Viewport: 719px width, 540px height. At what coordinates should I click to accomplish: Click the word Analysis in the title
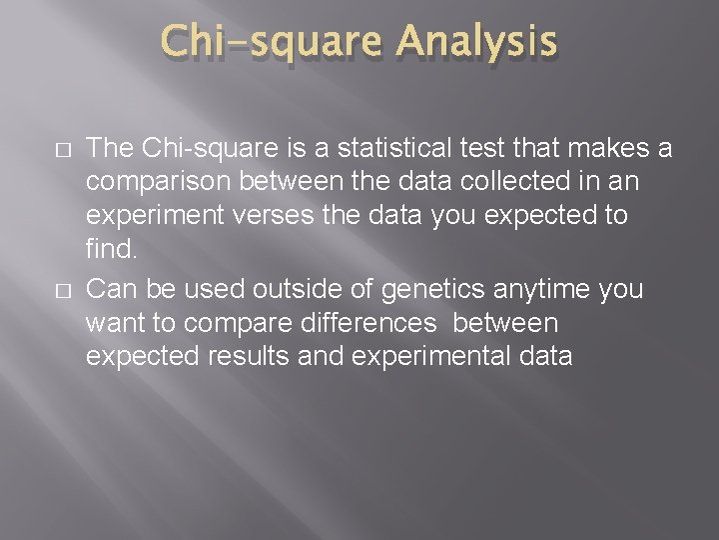point(475,44)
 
